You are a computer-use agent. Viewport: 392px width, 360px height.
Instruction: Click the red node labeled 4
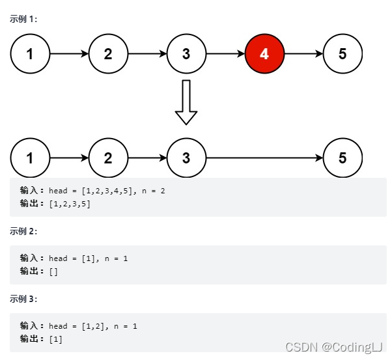pos(264,53)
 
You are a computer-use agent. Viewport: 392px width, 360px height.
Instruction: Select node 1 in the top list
pos(30,53)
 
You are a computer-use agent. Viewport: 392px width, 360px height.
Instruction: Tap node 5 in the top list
pos(343,53)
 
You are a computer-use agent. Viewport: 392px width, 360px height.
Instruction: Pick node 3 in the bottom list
pos(186,158)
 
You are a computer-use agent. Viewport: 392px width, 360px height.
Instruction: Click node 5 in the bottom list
pos(343,158)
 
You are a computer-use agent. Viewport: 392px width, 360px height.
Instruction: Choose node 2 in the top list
pos(108,53)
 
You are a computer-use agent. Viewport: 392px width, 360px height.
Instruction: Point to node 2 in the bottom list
pos(108,158)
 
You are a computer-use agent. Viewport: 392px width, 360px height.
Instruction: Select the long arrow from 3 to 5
pos(264,158)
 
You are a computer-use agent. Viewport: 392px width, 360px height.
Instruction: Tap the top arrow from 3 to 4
pos(225,53)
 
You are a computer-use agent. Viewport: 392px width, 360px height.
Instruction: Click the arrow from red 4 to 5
pos(303,53)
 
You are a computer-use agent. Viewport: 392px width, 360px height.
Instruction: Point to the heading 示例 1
pos(23,19)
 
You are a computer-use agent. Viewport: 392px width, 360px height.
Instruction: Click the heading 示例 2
pos(23,231)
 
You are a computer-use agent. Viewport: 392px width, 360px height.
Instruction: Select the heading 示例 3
pos(23,299)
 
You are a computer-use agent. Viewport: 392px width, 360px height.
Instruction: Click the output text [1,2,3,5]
pos(70,204)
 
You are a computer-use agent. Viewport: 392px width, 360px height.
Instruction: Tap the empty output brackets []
pos(53,271)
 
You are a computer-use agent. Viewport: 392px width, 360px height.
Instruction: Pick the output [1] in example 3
pos(55,339)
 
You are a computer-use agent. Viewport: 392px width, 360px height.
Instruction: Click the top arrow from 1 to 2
pos(69,53)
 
